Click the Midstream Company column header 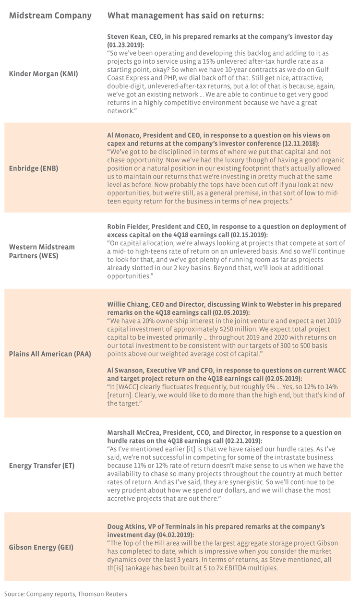pyautogui.click(x=50, y=16)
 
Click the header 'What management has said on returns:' pyautogui.click(x=185, y=16)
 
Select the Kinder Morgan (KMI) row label pyautogui.click(x=43, y=74)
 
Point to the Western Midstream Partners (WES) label pyautogui.click(x=42, y=251)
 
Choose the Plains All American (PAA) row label pyautogui.click(x=50, y=354)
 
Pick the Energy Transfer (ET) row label pyautogui.click(x=42, y=466)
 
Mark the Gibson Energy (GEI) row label pyautogui.click(x=41, y=547)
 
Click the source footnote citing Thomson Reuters pyautogui.click(x=66, y=594)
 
